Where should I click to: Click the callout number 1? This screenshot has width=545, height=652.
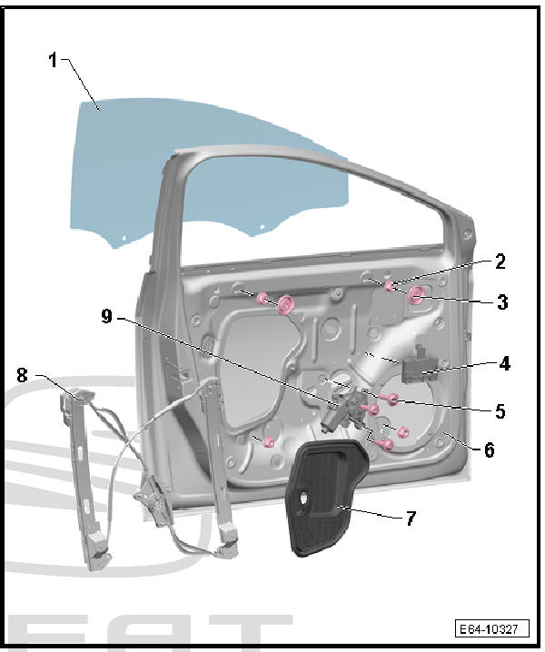coord(53,60)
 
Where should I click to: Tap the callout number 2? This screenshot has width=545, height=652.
coord(500,262)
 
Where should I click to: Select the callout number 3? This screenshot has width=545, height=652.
coord(502,301)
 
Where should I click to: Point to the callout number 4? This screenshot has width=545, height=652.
coord(505,363)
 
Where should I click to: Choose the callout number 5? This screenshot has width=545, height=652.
coord(500,410)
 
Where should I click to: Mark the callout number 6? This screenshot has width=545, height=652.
coord(490,449)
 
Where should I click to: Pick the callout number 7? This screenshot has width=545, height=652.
coord(411,519)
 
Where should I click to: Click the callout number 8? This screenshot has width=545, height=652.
coord(22,375)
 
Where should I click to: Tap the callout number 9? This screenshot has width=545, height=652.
coord(107,316)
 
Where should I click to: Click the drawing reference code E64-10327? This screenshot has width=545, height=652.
coord(492,628)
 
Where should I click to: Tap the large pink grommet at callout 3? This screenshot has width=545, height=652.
coord(416,296)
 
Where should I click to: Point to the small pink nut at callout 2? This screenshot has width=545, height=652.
coord(390,286)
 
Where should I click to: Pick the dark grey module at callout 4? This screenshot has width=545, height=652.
coord(419,367)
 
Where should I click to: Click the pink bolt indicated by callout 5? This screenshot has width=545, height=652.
coord(392,400)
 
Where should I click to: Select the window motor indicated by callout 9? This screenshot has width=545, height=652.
coord(342,411)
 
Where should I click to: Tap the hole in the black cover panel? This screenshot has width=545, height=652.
coord(303,497)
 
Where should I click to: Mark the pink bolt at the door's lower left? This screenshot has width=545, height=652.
coord(269,441)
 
